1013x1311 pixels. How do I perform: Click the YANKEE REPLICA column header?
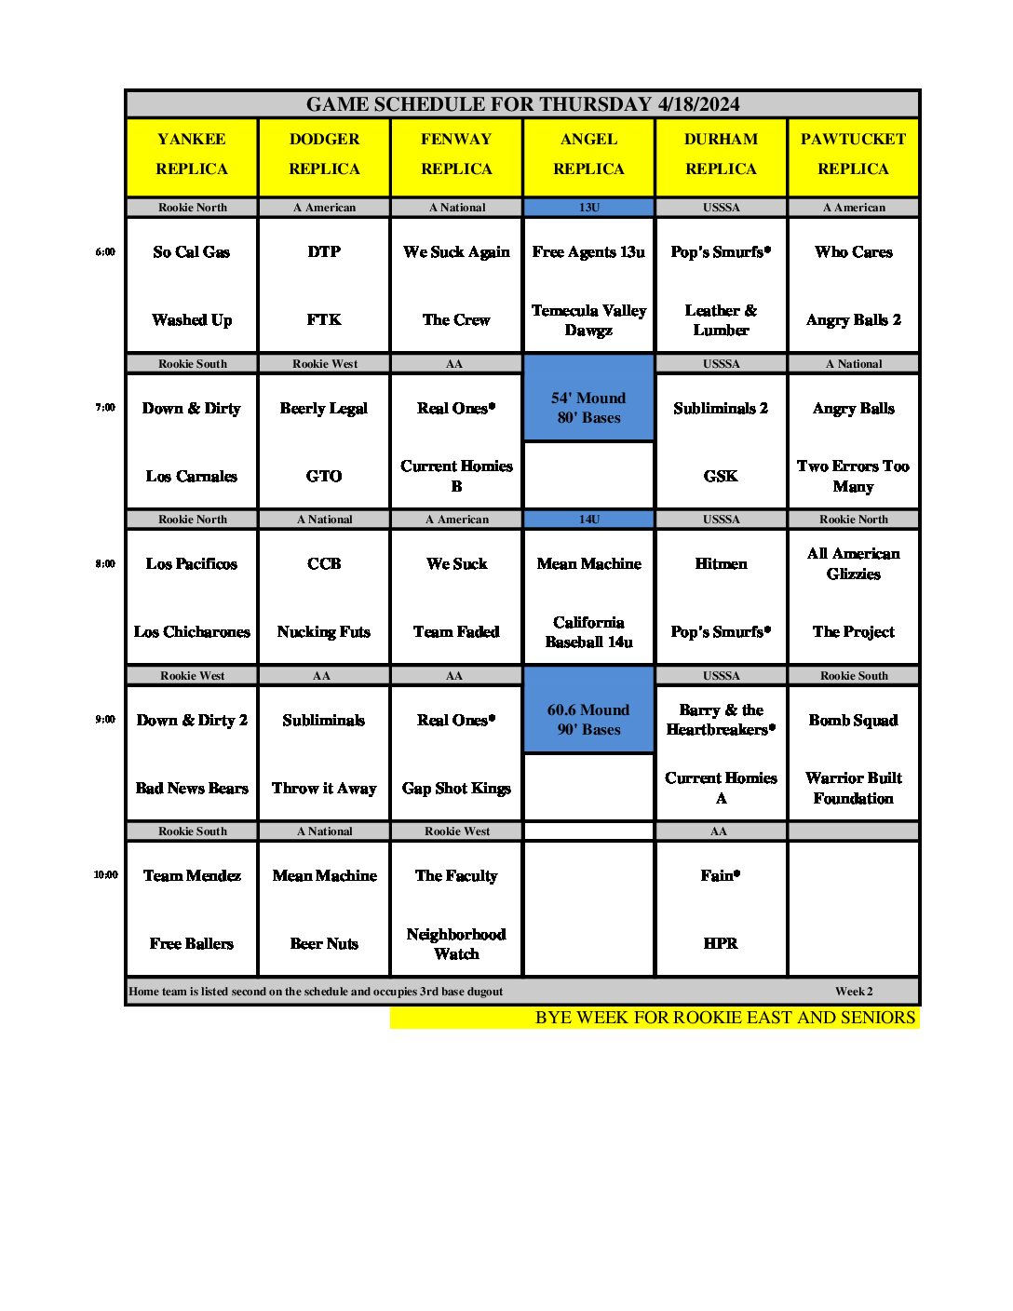click(192, 154)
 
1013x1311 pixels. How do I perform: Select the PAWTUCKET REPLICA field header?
click(853, 154)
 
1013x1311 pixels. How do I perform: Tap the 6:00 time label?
click(105, 251)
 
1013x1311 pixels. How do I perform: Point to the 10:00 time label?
click(105, 874)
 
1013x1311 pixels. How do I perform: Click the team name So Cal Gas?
click(192, 251)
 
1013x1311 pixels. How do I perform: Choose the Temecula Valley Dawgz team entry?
click(588, 319)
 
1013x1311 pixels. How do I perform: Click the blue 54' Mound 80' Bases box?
click(588, 407)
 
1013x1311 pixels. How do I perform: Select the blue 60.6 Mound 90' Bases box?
click(588, 719)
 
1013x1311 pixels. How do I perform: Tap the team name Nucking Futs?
click(324, 631)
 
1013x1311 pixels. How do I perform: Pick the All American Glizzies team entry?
click(853, 563)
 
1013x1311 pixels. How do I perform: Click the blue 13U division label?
click(588, 207)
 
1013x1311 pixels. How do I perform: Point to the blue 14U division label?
click(588, 519)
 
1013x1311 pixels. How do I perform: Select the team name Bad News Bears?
click(192, 788)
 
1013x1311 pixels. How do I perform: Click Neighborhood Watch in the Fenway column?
click(456, 943)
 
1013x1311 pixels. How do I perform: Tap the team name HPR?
click(721, 943)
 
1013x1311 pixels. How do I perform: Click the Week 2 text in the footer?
click(854, 992)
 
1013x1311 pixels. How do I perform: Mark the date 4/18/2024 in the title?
click(698, 104)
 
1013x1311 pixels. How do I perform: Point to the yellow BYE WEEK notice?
click(724, 1018)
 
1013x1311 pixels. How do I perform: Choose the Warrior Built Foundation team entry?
click(853, 788)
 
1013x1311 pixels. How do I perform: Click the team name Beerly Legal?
click(324, 408)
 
